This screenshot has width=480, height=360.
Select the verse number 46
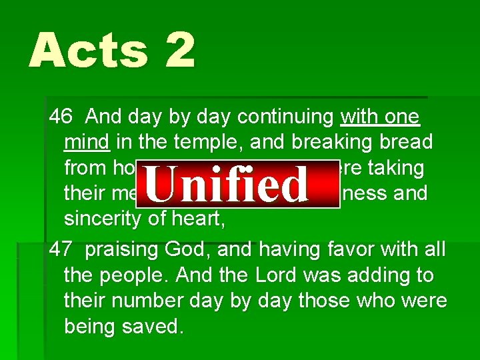pos(61,117)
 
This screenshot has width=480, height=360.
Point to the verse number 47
pos(61,250)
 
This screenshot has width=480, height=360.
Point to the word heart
pos(199,219)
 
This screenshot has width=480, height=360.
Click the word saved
pos(149,326)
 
